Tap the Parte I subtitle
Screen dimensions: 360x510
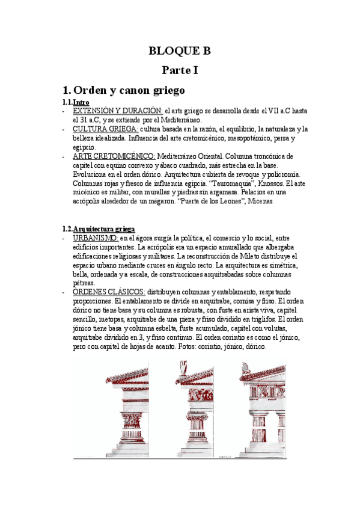[x=180, y=70]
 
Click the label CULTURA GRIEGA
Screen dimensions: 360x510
[x=105, y=129]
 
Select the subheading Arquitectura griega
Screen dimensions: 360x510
[x=104, y=229]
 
